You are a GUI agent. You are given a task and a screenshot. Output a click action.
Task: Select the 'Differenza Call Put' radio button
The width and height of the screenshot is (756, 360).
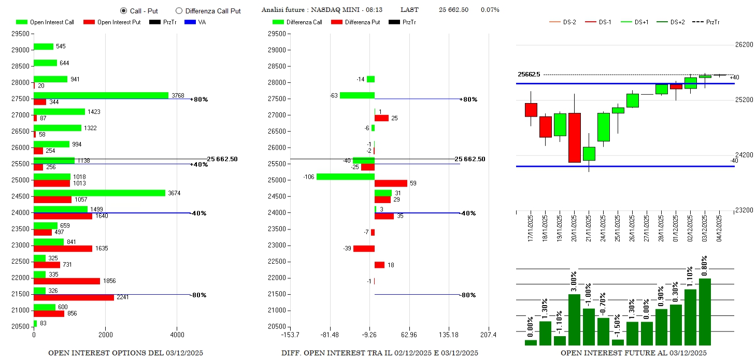[x=179, y=10]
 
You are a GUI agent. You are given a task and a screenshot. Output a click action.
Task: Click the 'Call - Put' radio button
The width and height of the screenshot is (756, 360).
[x=123, y=10]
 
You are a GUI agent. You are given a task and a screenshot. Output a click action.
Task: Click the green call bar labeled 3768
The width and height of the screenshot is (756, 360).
[x=101, y=95]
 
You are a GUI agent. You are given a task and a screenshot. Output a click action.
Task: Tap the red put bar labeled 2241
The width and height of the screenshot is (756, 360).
[x=74, y=297]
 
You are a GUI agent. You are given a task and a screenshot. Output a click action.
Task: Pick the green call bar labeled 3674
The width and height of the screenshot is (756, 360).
[x=99, y=193]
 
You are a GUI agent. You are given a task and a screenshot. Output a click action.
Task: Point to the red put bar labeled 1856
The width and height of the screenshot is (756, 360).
[x=67, y=281]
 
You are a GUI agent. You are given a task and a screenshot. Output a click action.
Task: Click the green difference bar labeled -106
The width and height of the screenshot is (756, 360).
[x=346, y=177]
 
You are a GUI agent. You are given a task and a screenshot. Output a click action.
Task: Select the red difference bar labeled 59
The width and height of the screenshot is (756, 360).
[x=391, y=183]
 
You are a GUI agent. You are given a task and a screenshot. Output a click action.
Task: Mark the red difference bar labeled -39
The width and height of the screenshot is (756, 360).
[x=364, y=249]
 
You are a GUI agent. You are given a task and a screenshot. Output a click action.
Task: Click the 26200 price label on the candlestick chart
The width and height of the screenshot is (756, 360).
[x=744, y=45]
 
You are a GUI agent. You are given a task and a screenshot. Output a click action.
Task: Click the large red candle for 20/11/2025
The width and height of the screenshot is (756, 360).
[x=574, y=137]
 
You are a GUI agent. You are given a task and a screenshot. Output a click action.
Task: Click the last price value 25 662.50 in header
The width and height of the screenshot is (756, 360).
[x=453, y=10]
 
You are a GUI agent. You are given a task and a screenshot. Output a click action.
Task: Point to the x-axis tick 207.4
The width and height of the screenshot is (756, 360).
[x=488, y=335]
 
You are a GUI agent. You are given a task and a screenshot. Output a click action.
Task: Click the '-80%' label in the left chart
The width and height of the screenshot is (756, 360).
[x=199, y=295]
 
